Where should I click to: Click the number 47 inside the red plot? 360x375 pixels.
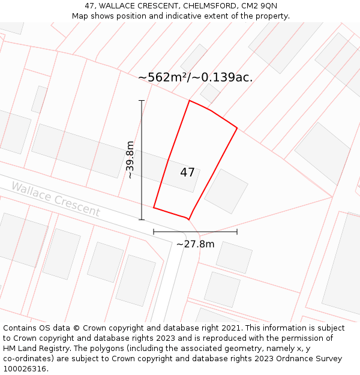point(187,173)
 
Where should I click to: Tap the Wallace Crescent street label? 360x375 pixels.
point(56,199)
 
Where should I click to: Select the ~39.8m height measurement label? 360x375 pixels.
point(130,160)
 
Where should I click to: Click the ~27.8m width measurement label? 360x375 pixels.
point(195,244)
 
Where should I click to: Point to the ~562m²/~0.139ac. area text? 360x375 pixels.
point(195,77)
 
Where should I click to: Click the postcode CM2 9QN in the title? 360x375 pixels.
point(259,5)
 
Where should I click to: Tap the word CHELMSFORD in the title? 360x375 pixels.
point(211,5)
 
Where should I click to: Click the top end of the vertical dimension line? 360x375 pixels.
point(142,100)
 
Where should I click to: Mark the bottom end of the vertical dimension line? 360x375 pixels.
point(142,220)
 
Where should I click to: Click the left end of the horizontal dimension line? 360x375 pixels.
point(154,232)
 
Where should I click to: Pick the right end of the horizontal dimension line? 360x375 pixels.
point(237,232)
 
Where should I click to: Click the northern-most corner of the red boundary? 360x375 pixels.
point(190,100)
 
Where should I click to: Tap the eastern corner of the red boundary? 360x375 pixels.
point(237,128)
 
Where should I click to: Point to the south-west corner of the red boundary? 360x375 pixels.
point(154,208)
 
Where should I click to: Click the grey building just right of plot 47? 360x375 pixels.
point(226,191)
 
